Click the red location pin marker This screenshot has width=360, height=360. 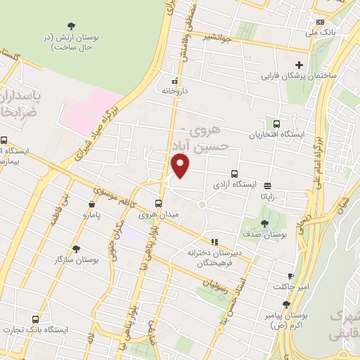point(181,166)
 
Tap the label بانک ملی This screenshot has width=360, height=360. point(323,32)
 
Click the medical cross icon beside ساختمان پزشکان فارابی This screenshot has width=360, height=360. point(299,65)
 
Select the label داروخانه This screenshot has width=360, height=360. point(174,91)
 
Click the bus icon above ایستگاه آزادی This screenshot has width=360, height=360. point(234,174)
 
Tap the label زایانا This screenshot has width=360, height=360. point(268,198)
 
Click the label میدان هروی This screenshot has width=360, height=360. point(157,214)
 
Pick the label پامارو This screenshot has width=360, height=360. point(93,214)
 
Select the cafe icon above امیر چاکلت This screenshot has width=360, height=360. point(290,276)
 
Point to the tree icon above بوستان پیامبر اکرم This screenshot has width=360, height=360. point(285,304)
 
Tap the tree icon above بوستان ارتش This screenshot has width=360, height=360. point(70,25)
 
